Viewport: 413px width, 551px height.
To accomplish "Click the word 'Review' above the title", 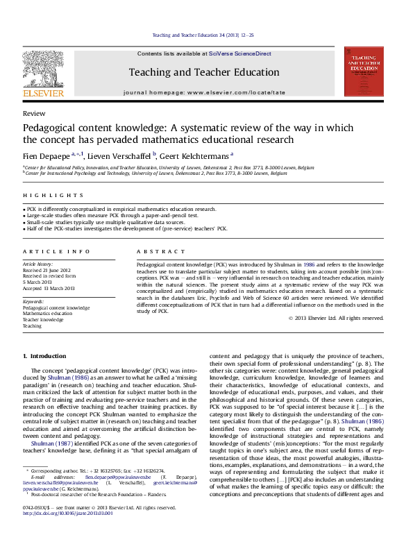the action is [x=31, y=112].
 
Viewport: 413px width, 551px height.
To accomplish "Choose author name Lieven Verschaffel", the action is [x=112, y=155].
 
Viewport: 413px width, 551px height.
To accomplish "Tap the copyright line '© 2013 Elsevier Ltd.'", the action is [x=336, y=318].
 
